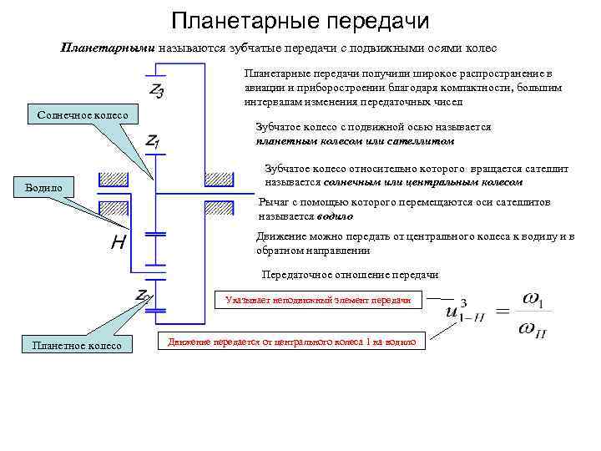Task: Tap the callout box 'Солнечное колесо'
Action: click(84, 114)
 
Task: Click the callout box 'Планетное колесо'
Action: click(76, 345)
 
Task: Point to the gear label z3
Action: click(156, 89)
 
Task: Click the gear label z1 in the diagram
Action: click(153, 142)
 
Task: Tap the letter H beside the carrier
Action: click(118, 245)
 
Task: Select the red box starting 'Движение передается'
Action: click(291, 341)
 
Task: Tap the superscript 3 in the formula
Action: click(464, 302)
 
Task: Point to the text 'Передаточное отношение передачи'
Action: click(350, 275)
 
